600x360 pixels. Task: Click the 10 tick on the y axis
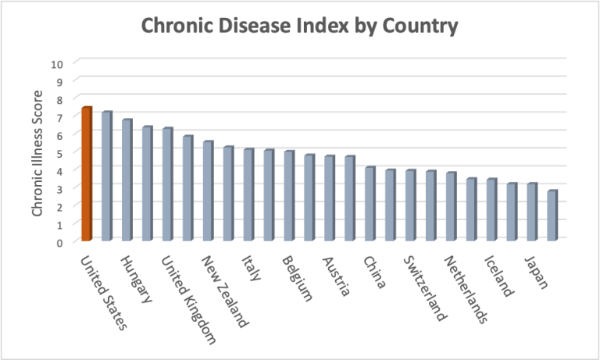coord(57,63)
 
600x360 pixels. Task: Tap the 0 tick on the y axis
coord(60,242)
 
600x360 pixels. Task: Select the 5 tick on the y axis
coord(60,152)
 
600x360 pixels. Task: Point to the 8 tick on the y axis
coord(60,99)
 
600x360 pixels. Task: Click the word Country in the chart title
coord(418,27)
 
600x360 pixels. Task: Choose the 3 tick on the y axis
coord(60,188)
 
